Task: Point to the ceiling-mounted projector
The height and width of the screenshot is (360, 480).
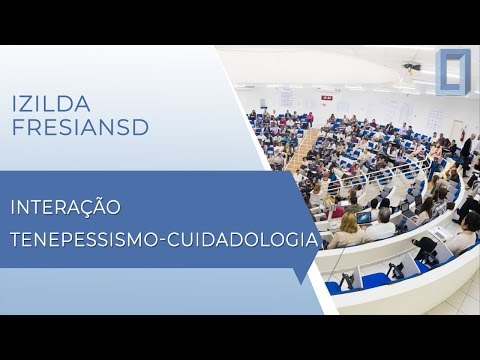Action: click(412, 68)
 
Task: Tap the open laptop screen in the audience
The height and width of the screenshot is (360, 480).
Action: click(364, 217)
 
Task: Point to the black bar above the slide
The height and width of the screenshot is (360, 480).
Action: click(240, 22)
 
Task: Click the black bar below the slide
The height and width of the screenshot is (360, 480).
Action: click(240, 337)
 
